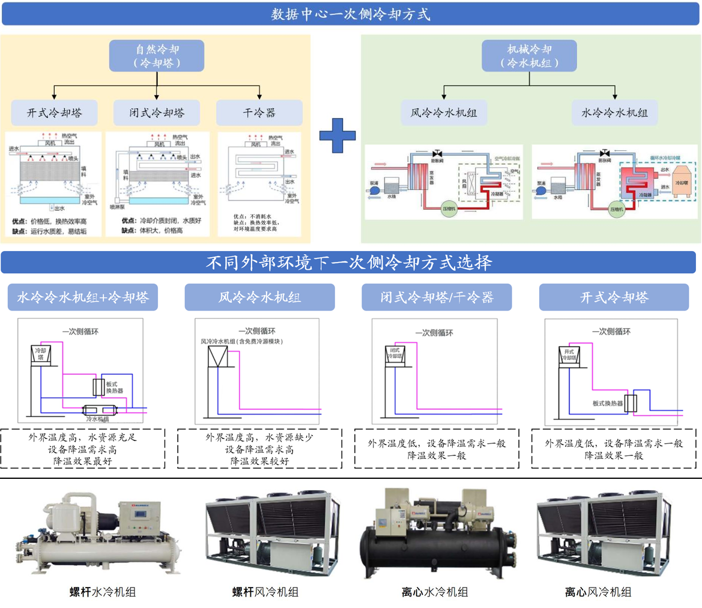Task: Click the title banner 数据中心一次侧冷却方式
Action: [351, 13]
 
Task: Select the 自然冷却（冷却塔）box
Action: [157, 55]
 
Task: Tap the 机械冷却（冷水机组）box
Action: [529, 55]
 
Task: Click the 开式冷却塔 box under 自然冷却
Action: [55, 112]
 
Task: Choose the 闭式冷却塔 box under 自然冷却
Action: [157, 112]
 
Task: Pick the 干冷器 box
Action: [259, 112]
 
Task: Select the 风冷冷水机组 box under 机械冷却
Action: [444, 112]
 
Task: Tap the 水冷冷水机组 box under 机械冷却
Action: [614, 112]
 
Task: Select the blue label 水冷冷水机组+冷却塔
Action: [83, 297]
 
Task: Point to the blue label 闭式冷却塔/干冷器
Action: [437, 297]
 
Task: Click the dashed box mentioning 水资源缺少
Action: [260, 449]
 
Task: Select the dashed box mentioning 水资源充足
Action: [83, 449]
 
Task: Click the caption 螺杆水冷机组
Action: [103, 592]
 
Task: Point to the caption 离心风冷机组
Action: [598, 592]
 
